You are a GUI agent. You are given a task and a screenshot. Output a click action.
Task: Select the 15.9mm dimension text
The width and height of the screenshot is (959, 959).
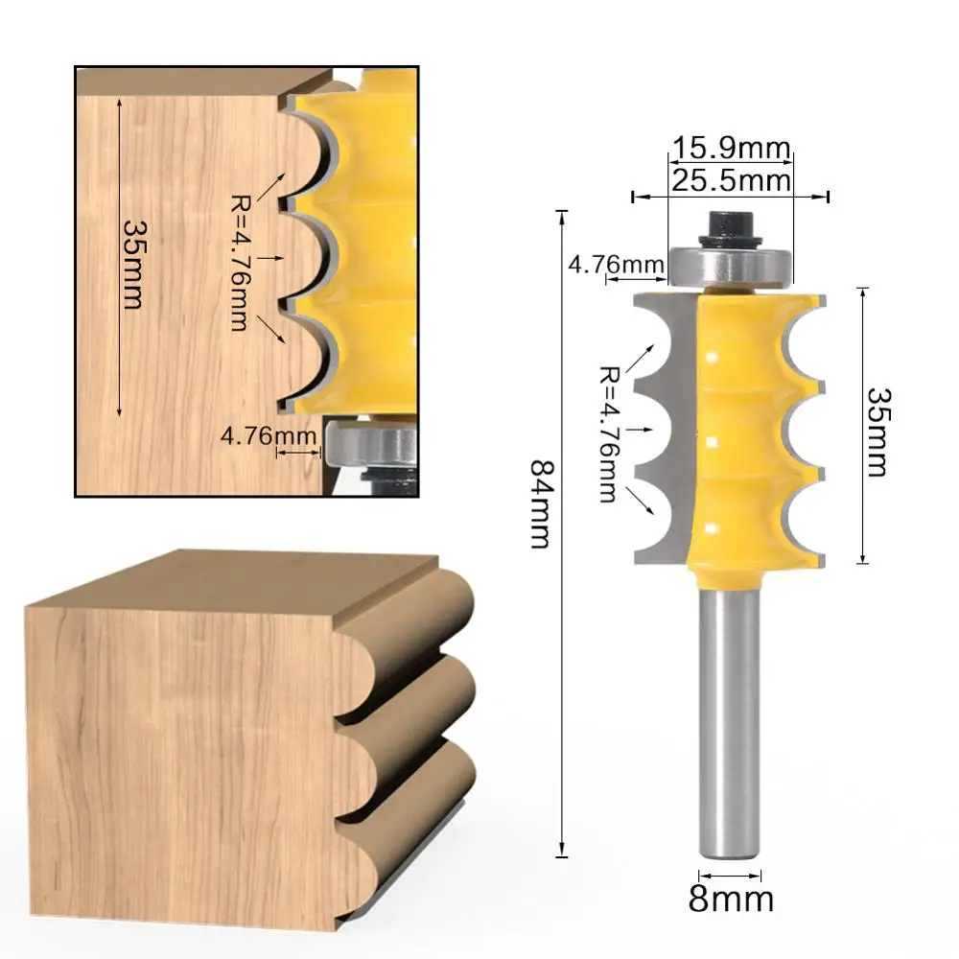pyautogui.click(x=731, y=150)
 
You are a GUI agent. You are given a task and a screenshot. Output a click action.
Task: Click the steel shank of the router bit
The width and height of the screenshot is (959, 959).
pyautogui.click(x=729, y=719)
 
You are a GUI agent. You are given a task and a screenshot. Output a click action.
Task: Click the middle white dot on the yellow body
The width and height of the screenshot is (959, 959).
pyautogui.click(x=713, y=442)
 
